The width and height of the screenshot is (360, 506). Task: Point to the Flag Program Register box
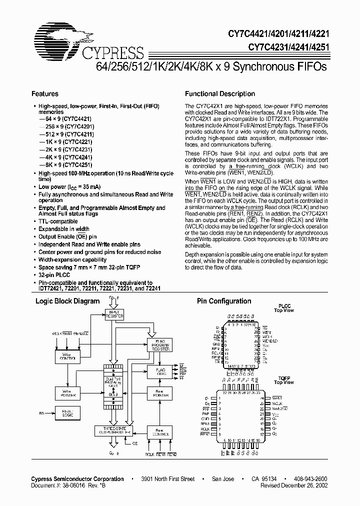tap(159, 345)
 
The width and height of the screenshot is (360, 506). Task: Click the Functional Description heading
tap(220, 94)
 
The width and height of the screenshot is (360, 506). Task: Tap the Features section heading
tap(45, 94)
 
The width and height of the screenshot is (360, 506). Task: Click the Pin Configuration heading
tap(224, 301)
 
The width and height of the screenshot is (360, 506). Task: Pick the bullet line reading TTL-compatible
tap(58, 221)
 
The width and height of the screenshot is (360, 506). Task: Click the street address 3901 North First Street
tap(167, 479)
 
